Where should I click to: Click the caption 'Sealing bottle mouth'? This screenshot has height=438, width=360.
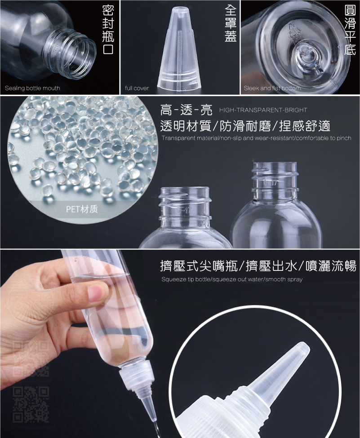32,88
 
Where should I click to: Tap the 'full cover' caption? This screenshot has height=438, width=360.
137,88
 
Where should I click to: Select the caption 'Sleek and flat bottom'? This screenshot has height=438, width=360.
272,88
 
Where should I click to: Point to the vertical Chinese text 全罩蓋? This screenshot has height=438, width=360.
230,25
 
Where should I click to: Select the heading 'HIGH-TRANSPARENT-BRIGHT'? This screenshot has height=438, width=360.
263,110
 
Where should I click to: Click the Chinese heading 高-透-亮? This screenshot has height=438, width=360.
186,110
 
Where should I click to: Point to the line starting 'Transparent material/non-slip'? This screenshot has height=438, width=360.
256,138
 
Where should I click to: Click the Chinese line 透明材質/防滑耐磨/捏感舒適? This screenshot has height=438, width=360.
245,126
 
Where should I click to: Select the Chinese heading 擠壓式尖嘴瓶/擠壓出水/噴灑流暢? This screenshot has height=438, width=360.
258,266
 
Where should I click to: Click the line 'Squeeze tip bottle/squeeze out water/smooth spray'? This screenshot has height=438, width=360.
232,279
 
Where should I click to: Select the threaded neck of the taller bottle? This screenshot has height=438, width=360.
274,177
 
